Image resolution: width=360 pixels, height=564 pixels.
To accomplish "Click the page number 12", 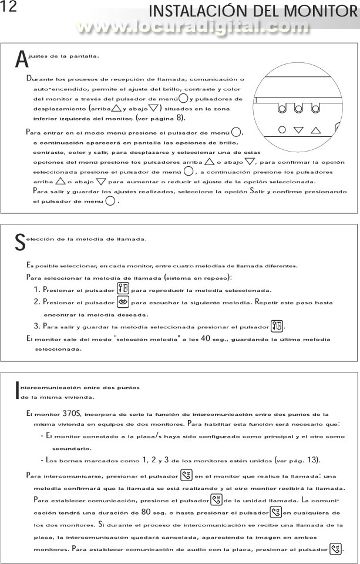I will (x=9, y=8).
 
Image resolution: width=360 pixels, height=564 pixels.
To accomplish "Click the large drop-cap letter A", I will (x=21, y=60).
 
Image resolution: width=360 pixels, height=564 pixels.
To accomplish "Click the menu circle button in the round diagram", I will (x=282, y=130).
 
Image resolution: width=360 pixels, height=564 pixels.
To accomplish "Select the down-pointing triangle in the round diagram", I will (x=298, y=130).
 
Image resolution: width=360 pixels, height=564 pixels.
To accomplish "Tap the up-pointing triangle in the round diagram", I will (x=315, y=130).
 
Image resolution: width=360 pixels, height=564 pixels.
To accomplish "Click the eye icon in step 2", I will (x=123, y=302).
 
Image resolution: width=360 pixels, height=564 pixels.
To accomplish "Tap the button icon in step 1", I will (x=123, y=289).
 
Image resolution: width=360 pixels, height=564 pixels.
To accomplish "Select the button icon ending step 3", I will (x=277, y=326).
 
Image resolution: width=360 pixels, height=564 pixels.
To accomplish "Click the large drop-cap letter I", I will (x=17, y=391).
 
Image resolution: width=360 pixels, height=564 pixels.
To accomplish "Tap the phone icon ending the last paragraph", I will (x=335, y=549).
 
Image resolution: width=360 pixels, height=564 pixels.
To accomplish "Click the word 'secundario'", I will (x=72, y=448).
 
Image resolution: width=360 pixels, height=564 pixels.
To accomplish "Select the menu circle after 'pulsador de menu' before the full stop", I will (x=110, y=202).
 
